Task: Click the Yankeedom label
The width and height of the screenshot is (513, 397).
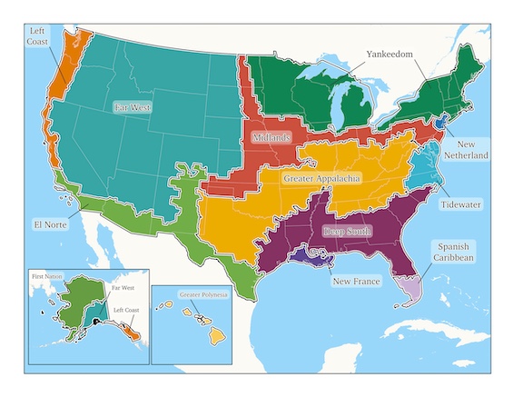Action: (x=389, y=54)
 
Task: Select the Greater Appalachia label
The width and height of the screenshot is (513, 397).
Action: (x=322, y=180)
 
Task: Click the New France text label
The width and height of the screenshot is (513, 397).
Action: (x=355, y=282)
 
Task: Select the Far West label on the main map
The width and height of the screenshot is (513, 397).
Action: (x=133, y=107)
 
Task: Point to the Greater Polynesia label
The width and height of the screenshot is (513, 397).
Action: (x=203, y=295)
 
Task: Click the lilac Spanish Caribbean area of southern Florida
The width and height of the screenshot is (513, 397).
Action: (x=411, y=290)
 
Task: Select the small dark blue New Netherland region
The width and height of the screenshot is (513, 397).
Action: (x=442, y=121)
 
